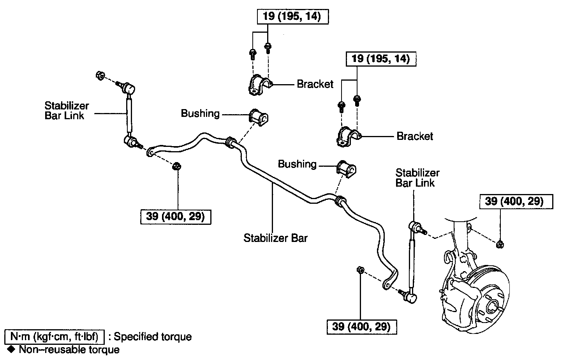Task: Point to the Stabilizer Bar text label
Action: tap(275, 238)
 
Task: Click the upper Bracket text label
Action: tap(315, 84)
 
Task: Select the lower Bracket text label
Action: tap(415, 136)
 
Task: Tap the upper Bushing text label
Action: tap(200, 114)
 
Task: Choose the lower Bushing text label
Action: tap(297, 164)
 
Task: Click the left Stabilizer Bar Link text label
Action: tap(67, 110)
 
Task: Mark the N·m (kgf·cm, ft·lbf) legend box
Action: tap(54, 336)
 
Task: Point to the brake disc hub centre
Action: tap(491, 306)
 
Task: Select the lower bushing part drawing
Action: tap(346, 168)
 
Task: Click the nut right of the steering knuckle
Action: tap(500, 244)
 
